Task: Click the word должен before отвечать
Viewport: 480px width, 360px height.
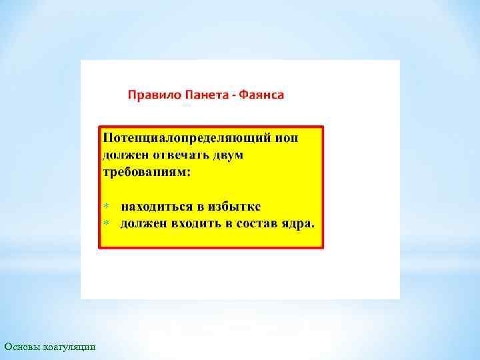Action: (123, 155)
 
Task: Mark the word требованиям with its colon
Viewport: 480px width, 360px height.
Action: (146, 172)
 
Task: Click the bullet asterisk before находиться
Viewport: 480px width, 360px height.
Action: (105, 205)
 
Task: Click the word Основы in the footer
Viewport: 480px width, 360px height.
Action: (22, 347)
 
